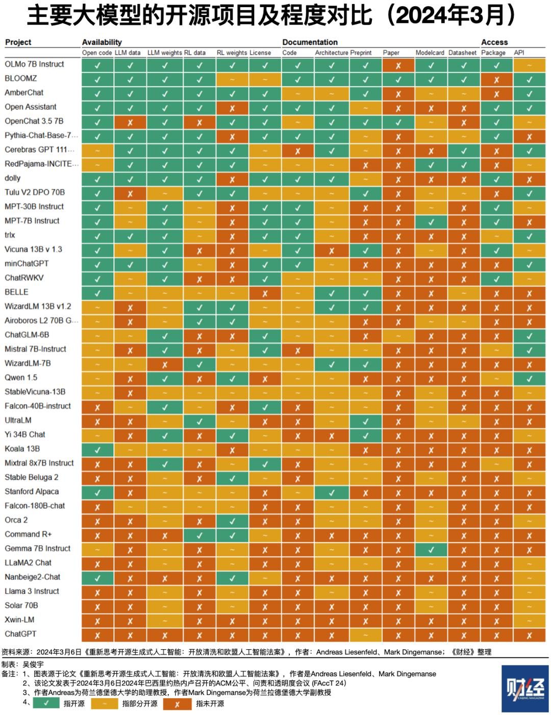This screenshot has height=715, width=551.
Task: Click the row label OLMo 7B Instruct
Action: [x=34, y=64]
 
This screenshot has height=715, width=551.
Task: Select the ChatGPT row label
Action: [x=20, y=634]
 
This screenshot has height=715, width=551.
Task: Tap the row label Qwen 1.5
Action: [x=21, y=378]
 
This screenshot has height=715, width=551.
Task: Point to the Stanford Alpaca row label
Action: [x=32, y=491]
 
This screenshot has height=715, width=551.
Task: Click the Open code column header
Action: [x=97, y=53]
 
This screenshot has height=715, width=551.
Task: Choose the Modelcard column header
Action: [x=430, y=53]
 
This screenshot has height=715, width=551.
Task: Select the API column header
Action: [x=519, y=53]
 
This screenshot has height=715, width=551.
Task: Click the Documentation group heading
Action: [x=310, y=42]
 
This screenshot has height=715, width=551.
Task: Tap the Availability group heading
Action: [x=102, y=42]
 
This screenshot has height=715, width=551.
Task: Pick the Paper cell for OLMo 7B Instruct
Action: [x=398, y=65]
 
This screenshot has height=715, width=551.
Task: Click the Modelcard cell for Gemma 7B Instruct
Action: [x=431, y=550]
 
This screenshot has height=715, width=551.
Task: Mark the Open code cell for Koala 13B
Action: [x=97, y=450]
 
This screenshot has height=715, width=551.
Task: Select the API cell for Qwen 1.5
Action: [x=530, y=379]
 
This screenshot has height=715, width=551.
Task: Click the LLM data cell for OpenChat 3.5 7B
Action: [x=130, y=122]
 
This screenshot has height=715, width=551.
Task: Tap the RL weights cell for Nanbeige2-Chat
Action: [x=232, y=578]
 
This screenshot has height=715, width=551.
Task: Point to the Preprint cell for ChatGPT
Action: [x=365, y=635]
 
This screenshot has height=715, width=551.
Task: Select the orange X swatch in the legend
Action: [x=177, y=704]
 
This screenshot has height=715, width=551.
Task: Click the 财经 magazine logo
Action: [x=525, y=688]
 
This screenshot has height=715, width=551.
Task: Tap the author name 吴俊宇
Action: [x=34, y=664]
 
